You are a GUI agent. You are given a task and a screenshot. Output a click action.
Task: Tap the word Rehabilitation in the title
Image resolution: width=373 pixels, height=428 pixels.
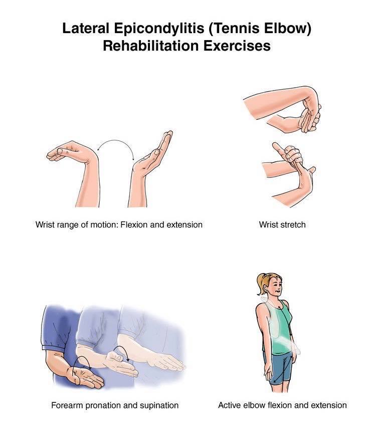pos(150,46)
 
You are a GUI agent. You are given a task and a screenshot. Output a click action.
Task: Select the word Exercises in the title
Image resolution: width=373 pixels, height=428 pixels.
pos(237,46)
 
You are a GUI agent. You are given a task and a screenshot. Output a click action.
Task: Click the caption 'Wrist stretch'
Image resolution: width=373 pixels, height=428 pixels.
pos(282,225)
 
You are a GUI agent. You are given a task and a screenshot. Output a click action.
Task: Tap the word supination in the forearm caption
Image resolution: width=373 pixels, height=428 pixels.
pos(159,405)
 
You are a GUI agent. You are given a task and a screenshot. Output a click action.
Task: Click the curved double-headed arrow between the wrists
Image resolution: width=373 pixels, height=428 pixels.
pos(115,140)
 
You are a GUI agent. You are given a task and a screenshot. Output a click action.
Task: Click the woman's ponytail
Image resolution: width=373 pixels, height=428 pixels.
pos(261,284)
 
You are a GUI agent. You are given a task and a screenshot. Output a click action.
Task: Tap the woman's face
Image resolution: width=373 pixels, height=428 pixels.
pos(275,287)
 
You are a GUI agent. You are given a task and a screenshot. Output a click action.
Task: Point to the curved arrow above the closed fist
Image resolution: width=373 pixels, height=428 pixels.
pos(121,348)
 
